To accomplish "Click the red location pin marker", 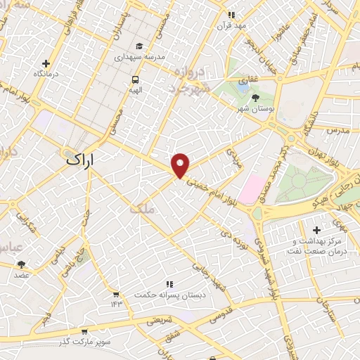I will click(181, 165).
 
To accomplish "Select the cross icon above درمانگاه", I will click(46, 63).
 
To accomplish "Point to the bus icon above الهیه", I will click(134, 79).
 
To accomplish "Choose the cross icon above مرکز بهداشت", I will click(316, 230).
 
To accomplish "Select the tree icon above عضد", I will click(21, 264).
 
